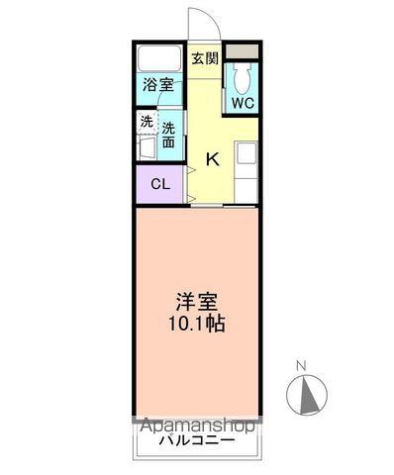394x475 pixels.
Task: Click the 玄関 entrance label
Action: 204,57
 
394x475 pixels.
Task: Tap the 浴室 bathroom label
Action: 158,84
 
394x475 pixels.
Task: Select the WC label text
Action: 244,103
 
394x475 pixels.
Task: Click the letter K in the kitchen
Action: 212,157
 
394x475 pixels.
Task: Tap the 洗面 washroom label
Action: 169,134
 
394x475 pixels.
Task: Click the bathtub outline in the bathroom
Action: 159,57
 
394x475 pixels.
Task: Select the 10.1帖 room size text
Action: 195,325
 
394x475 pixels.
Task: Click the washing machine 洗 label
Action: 147,122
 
